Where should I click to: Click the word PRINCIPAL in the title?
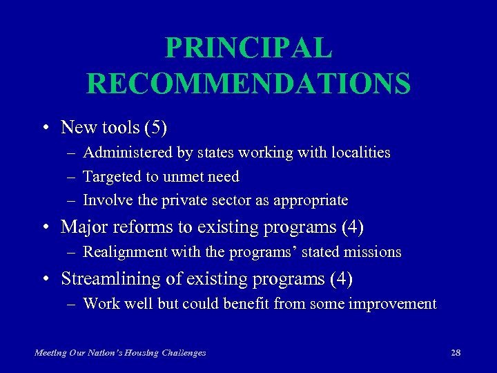248,48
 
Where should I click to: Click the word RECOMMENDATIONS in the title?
248,84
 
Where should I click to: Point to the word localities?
359,153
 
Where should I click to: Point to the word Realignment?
123,252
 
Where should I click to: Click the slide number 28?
456,353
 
